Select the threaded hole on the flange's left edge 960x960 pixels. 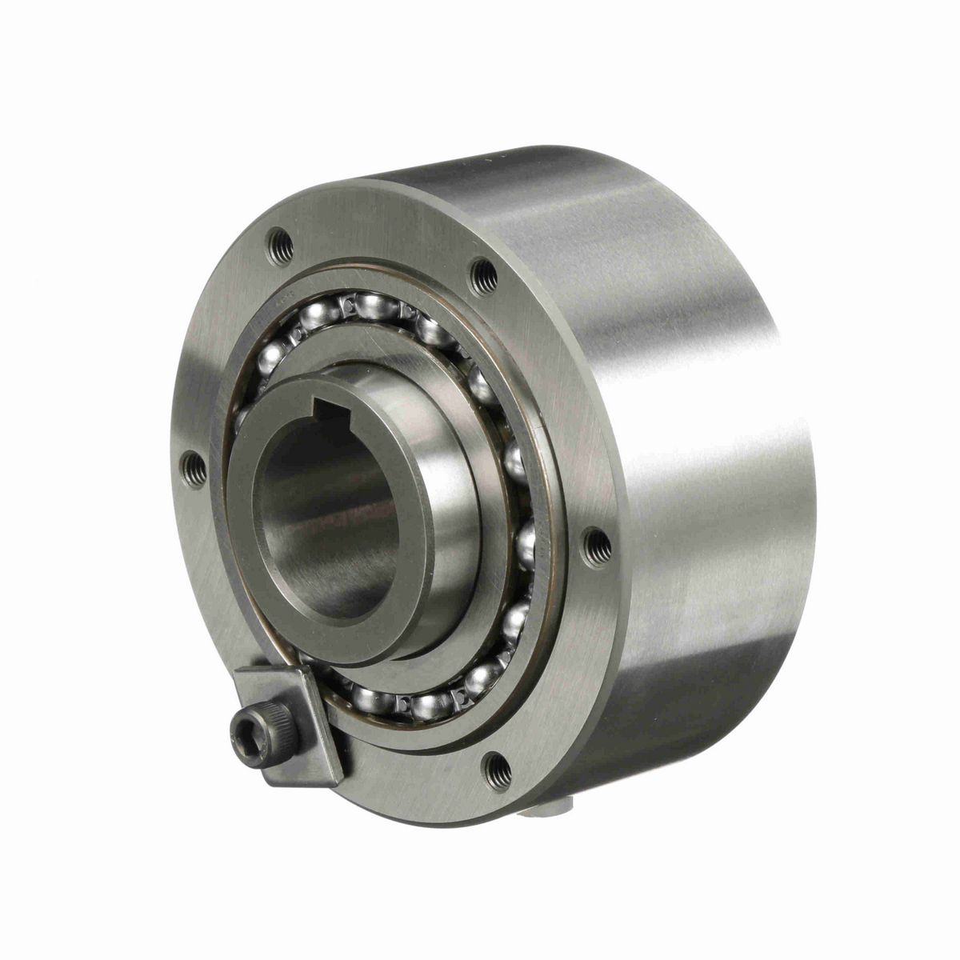click(190, 462)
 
